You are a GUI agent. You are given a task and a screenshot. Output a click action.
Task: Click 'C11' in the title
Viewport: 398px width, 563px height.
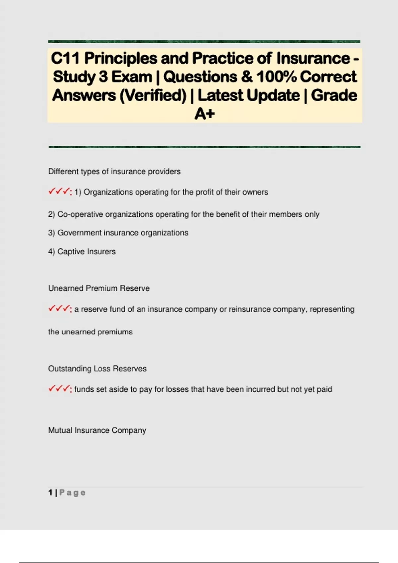[x=65, y=58]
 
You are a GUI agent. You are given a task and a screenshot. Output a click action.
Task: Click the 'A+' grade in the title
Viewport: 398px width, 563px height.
[x=205, y=114]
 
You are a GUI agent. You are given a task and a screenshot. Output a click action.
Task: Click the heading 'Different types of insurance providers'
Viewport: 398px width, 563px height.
[x=114, y=171]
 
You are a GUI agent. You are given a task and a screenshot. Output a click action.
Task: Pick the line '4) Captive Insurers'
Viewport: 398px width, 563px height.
[x=82, y=252]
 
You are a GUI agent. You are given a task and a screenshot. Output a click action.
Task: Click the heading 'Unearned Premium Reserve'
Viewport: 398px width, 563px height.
[x=99, y=288]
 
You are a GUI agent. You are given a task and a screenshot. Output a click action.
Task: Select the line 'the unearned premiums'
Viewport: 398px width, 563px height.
[x=90, y=332]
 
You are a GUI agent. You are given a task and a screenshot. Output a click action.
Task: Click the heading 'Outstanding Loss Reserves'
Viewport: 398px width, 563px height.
[x=97, y=369]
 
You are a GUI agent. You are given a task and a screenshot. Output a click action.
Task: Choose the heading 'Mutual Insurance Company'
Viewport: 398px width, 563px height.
[x=97, y=430]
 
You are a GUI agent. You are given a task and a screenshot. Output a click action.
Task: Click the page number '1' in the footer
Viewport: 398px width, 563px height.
[x=50, y=493]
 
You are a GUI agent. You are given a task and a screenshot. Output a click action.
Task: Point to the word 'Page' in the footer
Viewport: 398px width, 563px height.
[x=72, y=493]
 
